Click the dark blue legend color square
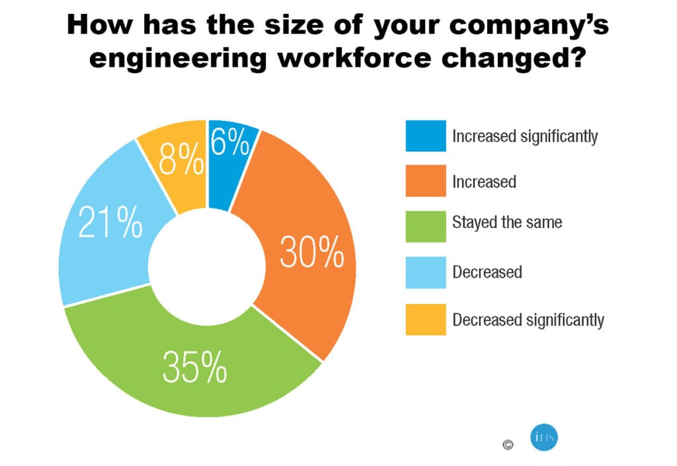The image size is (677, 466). click(x=426, y=137)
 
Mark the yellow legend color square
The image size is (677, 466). click(x=426, y=320)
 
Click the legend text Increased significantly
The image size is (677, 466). click(x=525, y=137)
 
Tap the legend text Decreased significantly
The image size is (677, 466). click(x=528, y=321)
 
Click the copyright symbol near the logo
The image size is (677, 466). click(x=508, y=445)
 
